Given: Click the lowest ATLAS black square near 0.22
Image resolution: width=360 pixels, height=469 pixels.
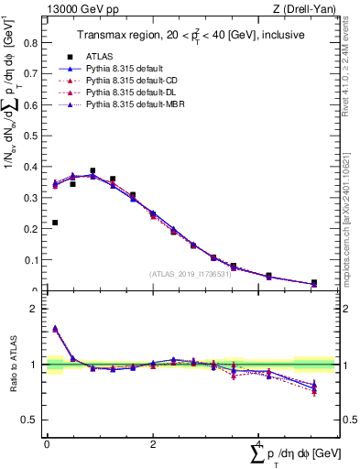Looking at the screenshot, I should point(55,223).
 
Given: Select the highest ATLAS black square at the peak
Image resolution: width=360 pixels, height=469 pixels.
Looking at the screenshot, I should point(93,170).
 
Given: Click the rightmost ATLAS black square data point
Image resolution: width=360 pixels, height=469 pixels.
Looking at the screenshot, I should point(314,283).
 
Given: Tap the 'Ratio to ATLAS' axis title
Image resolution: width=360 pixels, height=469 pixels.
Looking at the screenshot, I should point(13,366).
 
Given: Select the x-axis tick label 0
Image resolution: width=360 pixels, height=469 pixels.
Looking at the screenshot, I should point(47,444).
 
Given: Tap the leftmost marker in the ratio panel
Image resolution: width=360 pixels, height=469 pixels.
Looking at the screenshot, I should point(55,328).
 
